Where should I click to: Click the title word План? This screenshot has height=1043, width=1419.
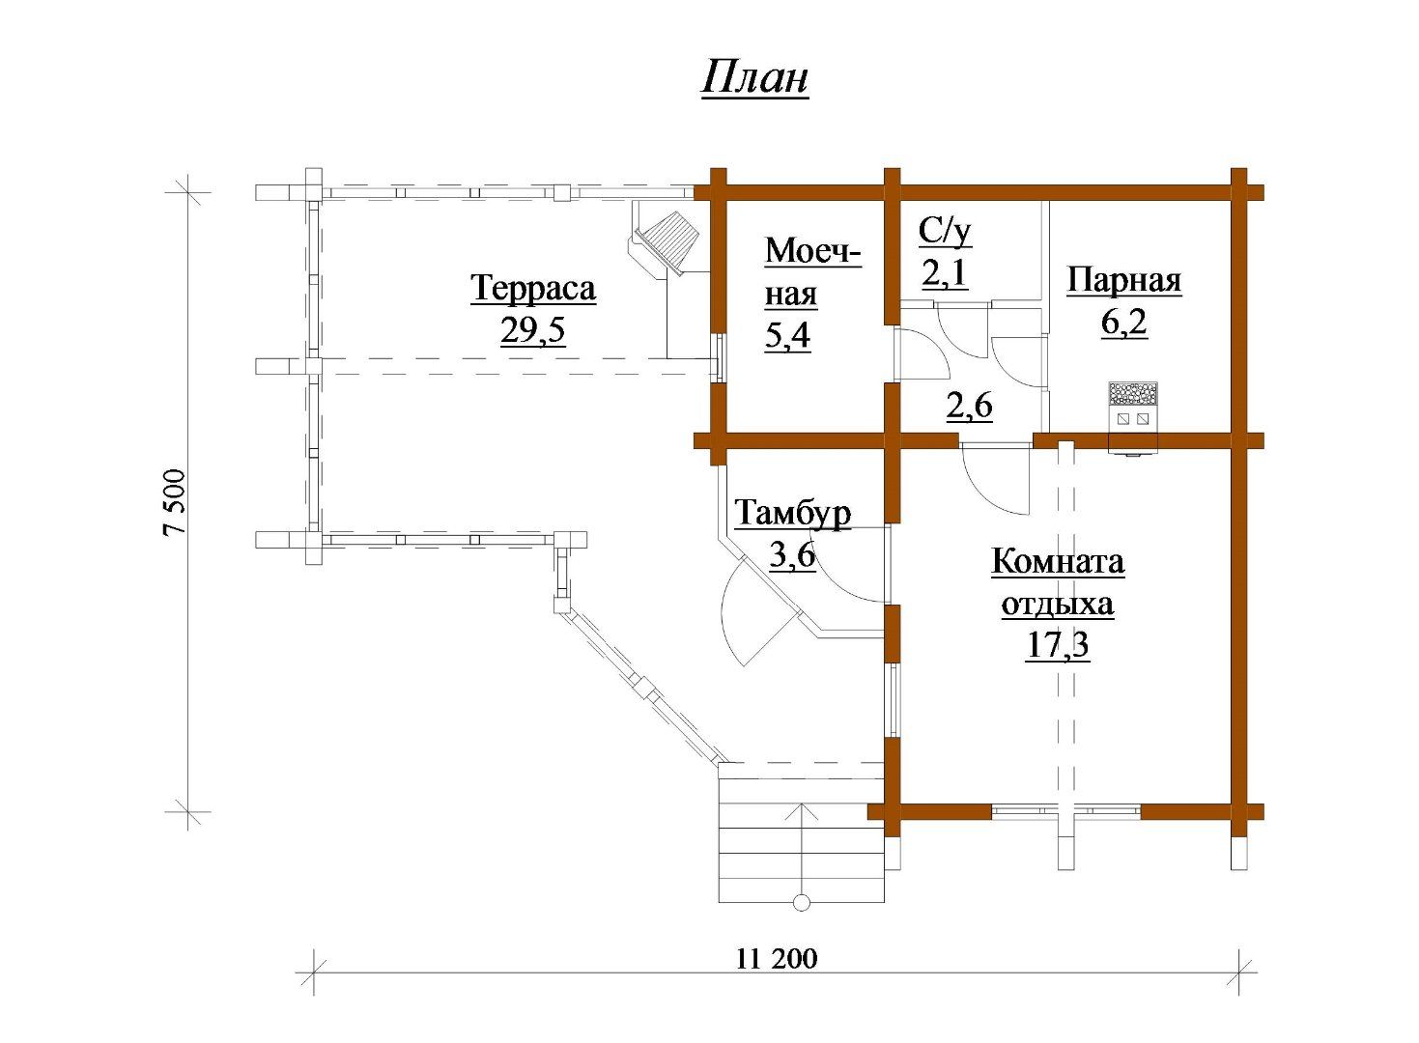754,79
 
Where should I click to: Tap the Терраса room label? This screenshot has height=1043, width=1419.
533,289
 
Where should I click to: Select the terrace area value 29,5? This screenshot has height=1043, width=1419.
532,330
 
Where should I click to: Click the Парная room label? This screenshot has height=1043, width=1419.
1124,280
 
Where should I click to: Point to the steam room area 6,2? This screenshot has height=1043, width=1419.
1124,323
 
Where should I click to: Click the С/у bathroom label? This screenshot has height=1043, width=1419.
945,233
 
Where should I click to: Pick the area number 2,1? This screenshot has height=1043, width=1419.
945,274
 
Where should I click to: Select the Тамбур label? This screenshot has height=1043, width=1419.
792,513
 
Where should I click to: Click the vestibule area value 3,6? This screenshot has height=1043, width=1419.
792,555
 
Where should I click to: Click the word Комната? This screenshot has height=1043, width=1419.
1058,562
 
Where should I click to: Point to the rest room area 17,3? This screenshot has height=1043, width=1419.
1058,645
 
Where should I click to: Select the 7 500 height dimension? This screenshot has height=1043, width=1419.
174,502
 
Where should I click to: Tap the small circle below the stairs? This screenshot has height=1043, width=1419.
802,903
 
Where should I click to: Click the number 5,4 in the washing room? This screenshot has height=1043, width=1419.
787,336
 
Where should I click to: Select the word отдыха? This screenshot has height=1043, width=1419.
1058,605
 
